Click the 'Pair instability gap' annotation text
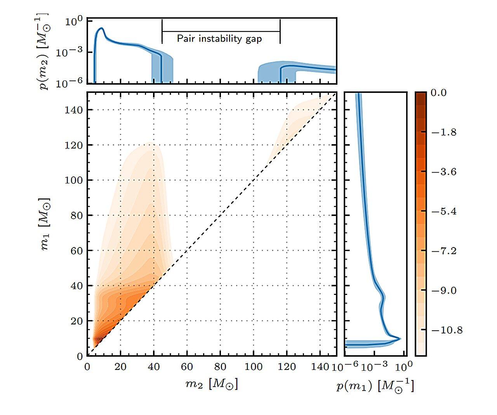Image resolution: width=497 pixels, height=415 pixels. point(219,39)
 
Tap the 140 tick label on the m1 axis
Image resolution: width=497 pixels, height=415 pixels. point(74,110)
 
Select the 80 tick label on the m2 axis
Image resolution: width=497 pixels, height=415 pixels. point(220,367)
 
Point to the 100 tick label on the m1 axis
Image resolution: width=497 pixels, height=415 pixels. point(74,180)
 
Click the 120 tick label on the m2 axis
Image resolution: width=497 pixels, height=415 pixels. point(287,367)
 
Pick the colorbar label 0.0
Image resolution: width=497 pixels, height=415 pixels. point(439,93)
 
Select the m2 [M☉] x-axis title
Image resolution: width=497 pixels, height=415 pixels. point(212,384)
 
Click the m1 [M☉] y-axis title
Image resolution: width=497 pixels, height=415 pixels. point(46,224)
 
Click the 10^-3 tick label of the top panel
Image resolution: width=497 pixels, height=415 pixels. point(69,52)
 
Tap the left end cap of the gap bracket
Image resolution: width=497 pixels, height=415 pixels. point(162,31)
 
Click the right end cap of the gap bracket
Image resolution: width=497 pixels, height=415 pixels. point(280,31)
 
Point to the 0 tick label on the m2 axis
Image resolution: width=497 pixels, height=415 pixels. point(87,367)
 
